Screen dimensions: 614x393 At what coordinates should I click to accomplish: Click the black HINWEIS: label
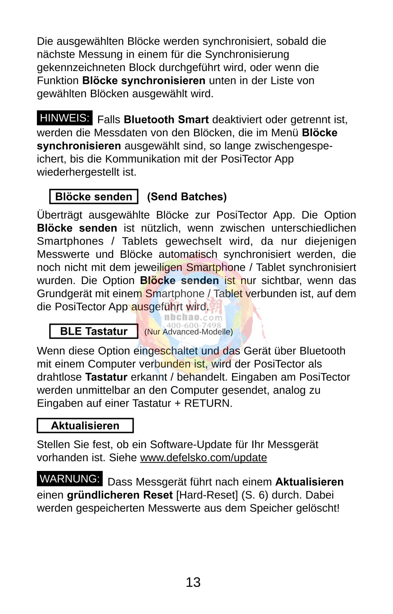coord(65,118)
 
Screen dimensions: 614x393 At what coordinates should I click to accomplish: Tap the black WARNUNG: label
coord(70,479)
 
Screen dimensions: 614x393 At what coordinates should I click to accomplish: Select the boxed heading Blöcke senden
coord(94,197)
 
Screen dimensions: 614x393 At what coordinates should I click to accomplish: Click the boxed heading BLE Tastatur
coord(94,331)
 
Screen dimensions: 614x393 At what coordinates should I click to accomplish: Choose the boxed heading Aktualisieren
coord(85,426)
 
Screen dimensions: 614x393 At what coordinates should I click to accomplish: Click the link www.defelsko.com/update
coord(203,457)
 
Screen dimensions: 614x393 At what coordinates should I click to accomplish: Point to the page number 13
coord(193,582)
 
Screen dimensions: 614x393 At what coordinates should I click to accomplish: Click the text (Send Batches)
coord(187,197)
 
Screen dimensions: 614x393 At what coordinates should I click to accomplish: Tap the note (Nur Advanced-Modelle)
coord(188,332)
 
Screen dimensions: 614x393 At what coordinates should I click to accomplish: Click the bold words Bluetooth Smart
coord(166,120)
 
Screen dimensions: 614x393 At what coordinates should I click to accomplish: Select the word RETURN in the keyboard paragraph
coord(207,403)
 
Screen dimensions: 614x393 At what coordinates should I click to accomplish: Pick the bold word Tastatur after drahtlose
coord(106,377)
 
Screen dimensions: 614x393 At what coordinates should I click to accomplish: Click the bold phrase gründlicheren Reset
coord(120,495)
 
